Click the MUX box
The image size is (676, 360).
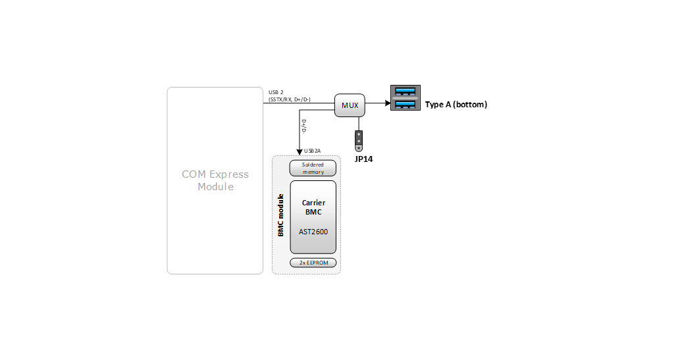click(x=350, y=105)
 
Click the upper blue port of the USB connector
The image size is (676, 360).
click(x=405, y=92)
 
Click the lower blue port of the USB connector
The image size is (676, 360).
click(x=405, y=104)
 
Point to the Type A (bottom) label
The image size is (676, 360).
click(x=456, y=105)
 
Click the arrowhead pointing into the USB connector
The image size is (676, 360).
click(x=386, y=103)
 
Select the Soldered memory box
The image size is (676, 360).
click(x=313, y=168)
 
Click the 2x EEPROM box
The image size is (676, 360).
click(x=313, y=263)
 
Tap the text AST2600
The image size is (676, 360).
click(x=313, y=232)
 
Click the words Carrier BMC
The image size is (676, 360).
click(x=313, y=207)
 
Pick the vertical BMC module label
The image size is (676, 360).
click(x=281, y=215)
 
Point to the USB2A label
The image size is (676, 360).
click(x=312, y=151)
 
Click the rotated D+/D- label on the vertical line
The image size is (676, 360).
click(x=304, y=126)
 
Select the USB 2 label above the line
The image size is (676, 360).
click(x=276, y=91)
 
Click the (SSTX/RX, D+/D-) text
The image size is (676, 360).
click(x=290, y=99)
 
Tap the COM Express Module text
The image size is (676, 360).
click(x=215, y=180)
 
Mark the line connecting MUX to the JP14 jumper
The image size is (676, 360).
click(x=359, y=124)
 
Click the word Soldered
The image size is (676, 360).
click(x=313, y=165)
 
